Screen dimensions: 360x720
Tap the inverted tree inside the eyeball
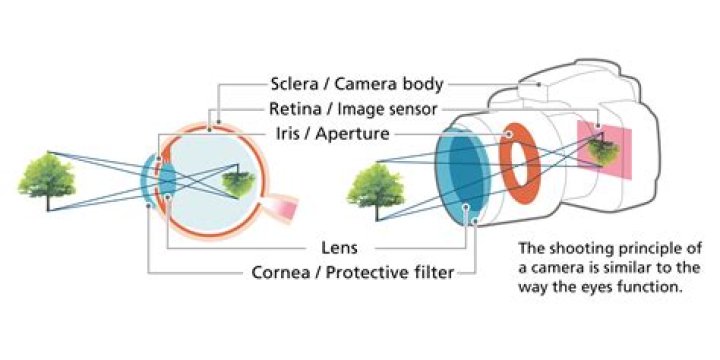tap(238, 181)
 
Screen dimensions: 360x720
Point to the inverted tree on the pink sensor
tap(601, 150)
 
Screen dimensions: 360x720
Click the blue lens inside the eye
tap(165, 180)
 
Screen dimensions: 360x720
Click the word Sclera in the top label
tap(296, 83)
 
